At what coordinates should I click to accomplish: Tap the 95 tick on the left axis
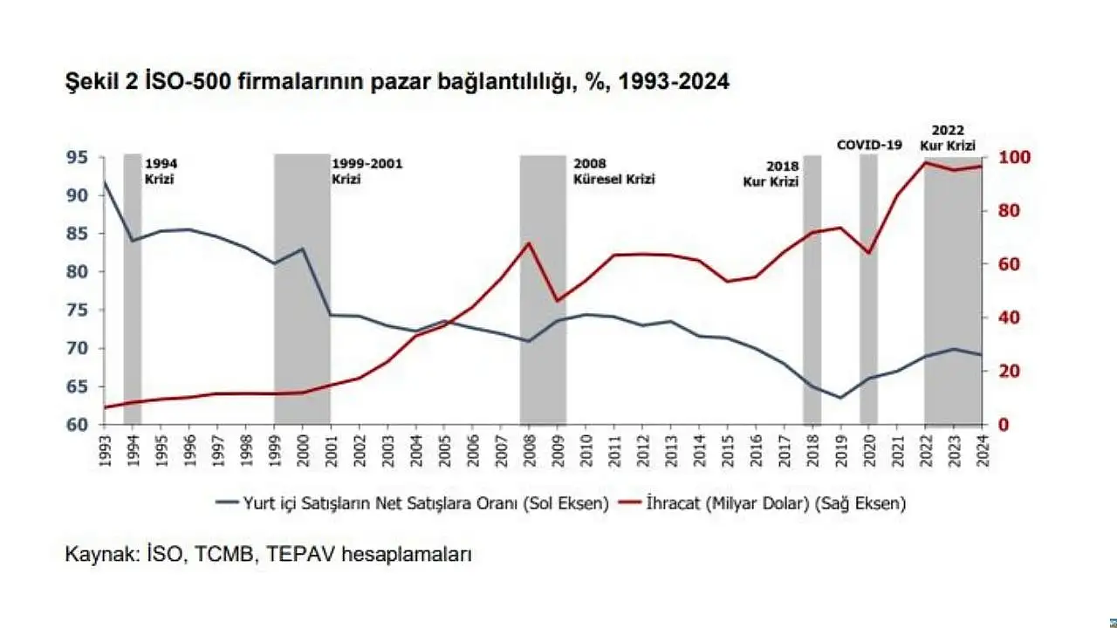click(x=76, y=158)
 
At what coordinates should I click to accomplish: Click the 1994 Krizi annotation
click(x=160, y=171)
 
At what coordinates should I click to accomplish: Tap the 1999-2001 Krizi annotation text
click(x=367, y=171)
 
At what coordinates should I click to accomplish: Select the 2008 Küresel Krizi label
click(x=613, y=171)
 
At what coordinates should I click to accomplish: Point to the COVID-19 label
click(x=868, y=145)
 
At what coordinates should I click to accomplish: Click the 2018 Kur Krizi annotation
click(x=771, y=174)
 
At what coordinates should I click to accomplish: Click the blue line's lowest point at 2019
click(x=840, y=398)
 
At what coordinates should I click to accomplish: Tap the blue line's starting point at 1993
click(x=105, y=182)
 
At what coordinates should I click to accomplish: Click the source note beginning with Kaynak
click(x=269, y=554)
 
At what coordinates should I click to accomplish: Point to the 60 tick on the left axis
click(x=76, y=425)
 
